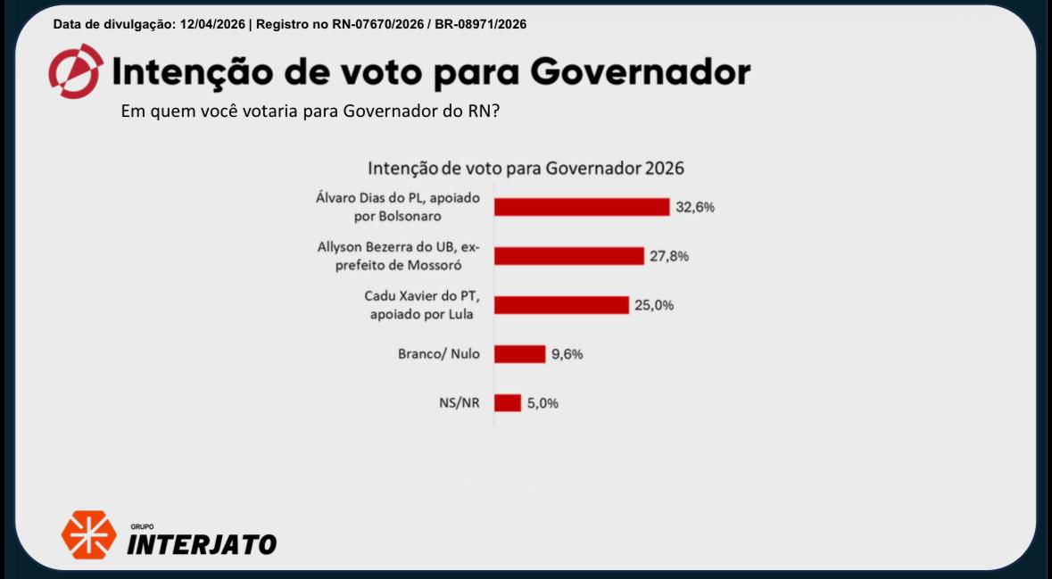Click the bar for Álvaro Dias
pos(582,207)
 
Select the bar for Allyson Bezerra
pos(568,256)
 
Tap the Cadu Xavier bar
pos(561,305)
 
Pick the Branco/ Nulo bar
pos(519,354)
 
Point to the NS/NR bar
pos(507,403)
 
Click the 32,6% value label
pos(695,207)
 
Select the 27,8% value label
pos(669,256)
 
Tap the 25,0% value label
pos(655,305)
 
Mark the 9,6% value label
pos(567,354)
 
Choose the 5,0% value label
pos(543,403)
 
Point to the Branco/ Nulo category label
pos(438,354)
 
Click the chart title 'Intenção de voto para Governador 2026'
pos(526,168)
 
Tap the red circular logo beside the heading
pos(75,71)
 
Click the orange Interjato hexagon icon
pos(87,534)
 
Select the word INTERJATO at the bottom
pos(202,543)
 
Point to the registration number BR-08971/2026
pos(480,24)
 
